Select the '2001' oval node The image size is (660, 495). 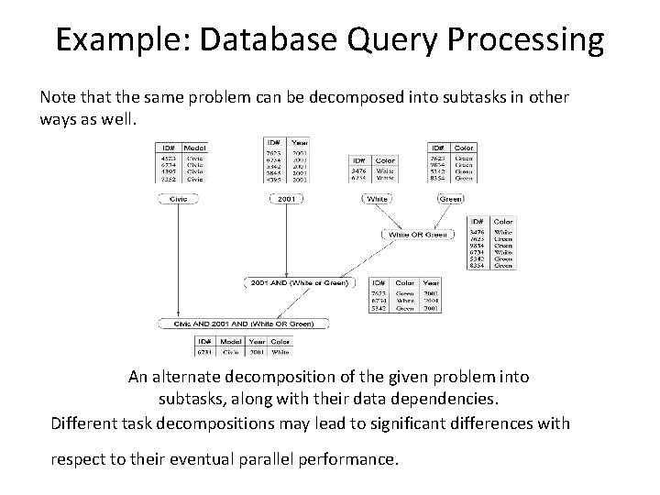click(287, 197)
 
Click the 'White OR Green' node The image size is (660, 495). click(417, 236)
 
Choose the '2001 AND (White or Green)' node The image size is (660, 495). click(299, 283)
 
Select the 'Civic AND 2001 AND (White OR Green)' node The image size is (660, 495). click(237, 323)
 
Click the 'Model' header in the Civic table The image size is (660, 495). click(194, 148)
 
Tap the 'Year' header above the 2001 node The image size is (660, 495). click(300, 142)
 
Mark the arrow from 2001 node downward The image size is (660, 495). click(287, 238)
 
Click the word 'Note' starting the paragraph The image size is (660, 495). click(58, 96)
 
